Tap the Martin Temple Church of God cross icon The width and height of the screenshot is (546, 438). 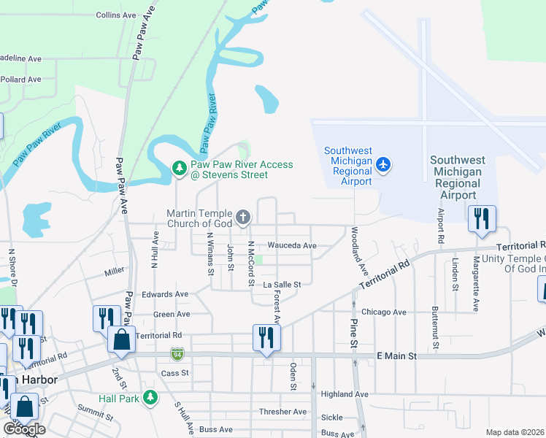[x=243, y=217]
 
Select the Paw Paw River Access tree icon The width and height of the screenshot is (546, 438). [x=179, y=169]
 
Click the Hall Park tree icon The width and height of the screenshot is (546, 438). [x=150, y=398]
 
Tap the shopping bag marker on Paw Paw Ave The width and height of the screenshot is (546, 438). [x=120, y=339]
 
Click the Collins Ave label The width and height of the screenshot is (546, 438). [x=116, y=15]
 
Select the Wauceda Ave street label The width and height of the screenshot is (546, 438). [x=292, y=246]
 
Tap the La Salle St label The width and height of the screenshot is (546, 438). [x=282, y=283]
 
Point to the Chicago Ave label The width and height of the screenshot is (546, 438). [x=383, y=312]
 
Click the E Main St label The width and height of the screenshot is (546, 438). [x=396, y=356]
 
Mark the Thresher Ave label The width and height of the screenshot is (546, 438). [x=283, y=412]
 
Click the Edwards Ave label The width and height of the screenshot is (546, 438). [x=166, y=294]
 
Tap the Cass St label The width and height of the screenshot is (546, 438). [x=174, y=372]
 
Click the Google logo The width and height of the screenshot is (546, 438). [x=25, y=429]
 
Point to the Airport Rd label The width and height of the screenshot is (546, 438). [x=440, y=228]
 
